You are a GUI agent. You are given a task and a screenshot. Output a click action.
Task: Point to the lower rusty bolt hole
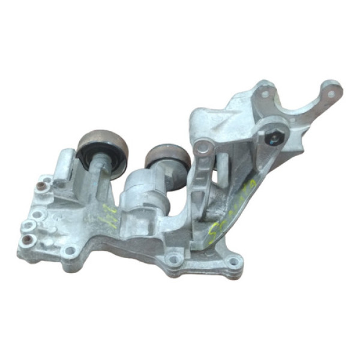pos(26,241)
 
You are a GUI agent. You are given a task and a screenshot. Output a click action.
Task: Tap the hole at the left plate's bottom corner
pos(70,251)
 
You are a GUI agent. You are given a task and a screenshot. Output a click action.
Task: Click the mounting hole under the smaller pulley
pos(175,259)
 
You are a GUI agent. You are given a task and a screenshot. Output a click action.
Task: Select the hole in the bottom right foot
pos(233,261)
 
